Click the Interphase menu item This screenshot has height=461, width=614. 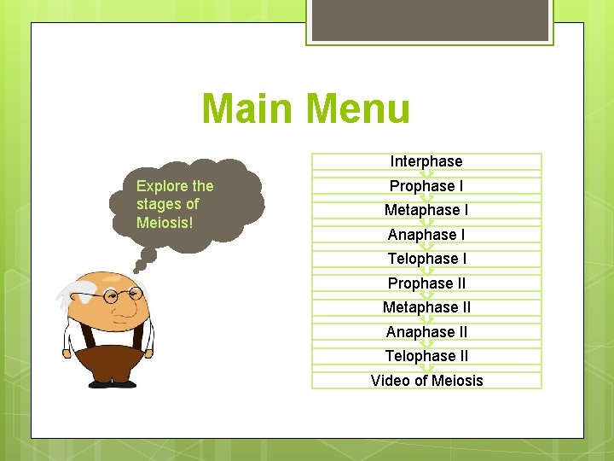(x=426, y=161)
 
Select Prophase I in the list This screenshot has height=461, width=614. (x=426, y=185)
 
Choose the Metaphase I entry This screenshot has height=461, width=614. (x=426, y=210)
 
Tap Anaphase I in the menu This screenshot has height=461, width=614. (x=426, y=234)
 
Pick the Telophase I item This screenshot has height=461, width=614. (x=426, y=259)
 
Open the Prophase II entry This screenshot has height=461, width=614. (x=426, y=283)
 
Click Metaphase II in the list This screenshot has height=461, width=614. (x=426, y=307)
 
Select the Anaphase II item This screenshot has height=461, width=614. (x=426, y=331)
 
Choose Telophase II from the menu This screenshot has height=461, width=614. (x=426, y=356)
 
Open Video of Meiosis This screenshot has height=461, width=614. (x=426, y=380)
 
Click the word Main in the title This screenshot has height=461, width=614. (x=248, y=109)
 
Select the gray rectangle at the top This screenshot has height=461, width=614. (x=429, y=19)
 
